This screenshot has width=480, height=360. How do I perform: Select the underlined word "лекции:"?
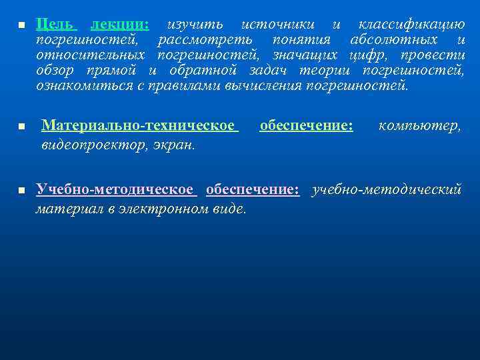click(120, 25)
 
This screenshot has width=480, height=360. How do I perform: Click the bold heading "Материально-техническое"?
click(139, 125)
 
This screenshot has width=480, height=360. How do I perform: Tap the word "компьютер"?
click(419, 125)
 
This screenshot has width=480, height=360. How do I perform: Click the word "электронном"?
click(165, 209)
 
